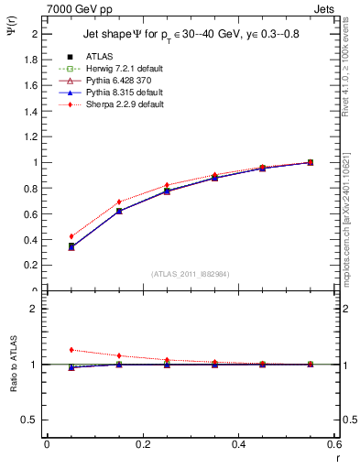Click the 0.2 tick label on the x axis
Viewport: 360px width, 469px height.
tap(142, 445)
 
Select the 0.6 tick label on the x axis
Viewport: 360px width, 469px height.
tap(333, 445)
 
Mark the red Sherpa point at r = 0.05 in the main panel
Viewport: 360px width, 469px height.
tap(71, 236)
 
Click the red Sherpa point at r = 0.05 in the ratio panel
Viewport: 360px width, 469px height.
tap(71, 350)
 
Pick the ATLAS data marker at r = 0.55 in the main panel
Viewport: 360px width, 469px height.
tap(311, 162)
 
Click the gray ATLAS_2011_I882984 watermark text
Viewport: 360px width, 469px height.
tap(190, 273)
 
